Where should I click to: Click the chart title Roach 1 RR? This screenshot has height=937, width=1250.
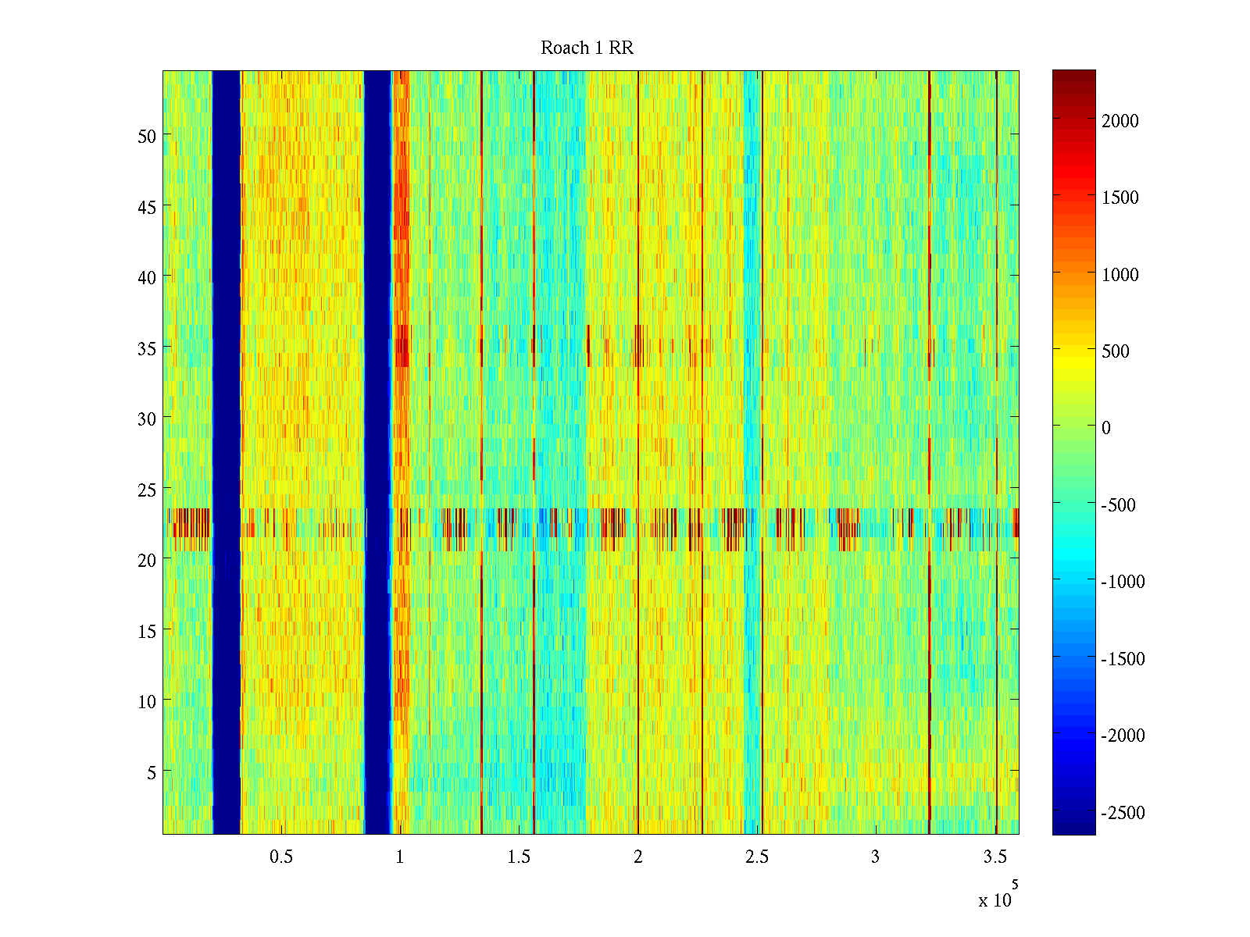coord(587,48)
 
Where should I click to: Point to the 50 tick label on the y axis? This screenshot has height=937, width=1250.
coord(147,136)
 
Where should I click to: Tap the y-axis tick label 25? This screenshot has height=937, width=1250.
coord(147,490)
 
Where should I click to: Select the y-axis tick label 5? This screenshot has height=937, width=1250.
coord(152,772)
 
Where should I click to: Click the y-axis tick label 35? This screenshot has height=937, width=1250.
coord(147,348)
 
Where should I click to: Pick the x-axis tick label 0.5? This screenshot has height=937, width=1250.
coord(281,857)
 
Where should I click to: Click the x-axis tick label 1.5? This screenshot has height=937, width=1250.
coord(519,857)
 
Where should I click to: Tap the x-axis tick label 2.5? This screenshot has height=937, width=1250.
coord(756,857)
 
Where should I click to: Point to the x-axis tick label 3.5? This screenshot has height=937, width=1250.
coord(995,857)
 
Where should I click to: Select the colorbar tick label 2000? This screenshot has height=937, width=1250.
coord(1120,121)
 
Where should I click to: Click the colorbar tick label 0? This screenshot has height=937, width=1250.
coord(1105,428)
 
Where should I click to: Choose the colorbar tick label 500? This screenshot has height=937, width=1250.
coord(1116,351)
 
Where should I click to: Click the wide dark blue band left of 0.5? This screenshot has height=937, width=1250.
coord(227,453)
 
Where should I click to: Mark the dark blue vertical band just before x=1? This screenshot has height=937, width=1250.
coord(377,453)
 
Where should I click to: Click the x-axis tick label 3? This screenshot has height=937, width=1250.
coord(875,857)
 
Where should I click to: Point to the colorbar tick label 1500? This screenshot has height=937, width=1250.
coord(1120,198)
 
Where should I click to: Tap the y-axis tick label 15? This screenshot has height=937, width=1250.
coord(147,631)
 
